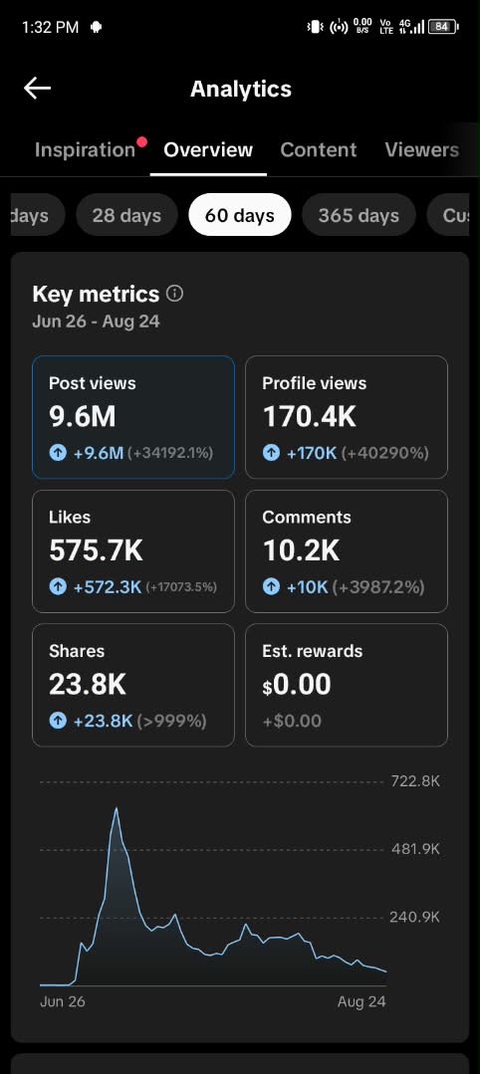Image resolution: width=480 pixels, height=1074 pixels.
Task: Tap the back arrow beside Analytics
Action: pos(37,89)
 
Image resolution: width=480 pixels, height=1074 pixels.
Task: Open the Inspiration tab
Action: pos(85,150)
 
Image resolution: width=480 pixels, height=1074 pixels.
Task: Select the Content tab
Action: pos(318,150)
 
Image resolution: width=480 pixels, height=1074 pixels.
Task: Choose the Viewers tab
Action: pos(421,150)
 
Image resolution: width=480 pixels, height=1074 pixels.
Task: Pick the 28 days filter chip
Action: pos(126,215)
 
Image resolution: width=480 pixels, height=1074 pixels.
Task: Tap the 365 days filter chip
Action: pos(359,215)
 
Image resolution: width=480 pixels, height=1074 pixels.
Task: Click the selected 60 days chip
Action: pos(240,215)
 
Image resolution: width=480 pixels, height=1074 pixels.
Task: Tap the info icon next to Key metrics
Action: pos(175,294)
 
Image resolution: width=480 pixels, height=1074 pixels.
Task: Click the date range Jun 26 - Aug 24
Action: pos(96,322)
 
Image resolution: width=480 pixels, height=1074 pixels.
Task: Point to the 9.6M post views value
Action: pos(83,416)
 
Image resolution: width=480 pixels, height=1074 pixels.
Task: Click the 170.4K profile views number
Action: pos(310,416)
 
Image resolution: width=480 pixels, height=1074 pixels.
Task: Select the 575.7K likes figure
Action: pos(96,550)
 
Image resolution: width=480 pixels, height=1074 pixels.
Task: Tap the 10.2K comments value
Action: pos(301,550)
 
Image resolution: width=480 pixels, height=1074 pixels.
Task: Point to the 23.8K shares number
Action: pos(87,684)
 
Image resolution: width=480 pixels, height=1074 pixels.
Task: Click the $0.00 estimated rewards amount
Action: pos(297,684)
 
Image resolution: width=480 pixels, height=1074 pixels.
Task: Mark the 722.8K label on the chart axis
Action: pos(415,780)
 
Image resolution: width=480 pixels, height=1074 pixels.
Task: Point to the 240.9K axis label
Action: pos(415,917)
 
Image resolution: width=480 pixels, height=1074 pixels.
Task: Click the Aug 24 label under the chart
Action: pos(361,1001)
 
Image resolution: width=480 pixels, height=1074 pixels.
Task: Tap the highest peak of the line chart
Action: pos(116,808)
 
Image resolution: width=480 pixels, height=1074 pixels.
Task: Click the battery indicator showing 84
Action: pos(442,27)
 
